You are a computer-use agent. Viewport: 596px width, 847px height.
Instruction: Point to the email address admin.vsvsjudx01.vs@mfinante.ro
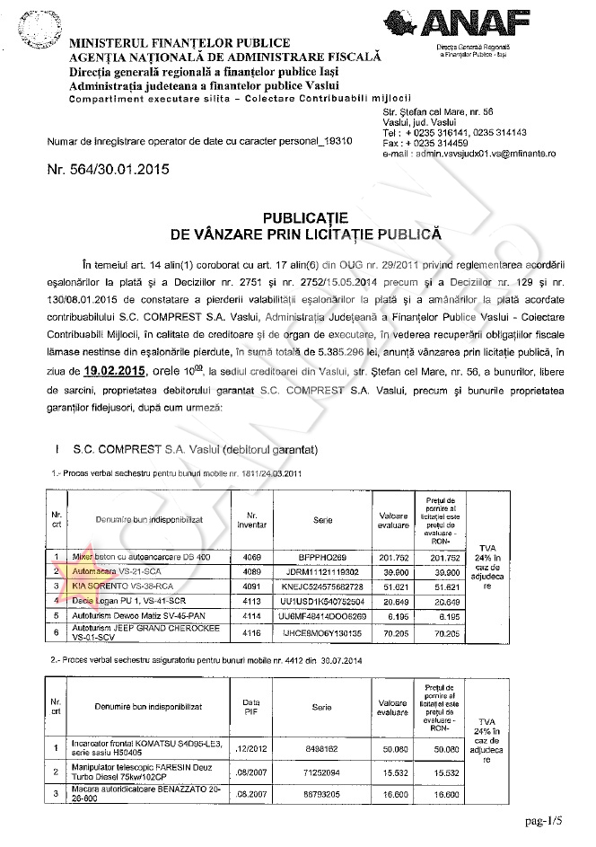469,154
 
